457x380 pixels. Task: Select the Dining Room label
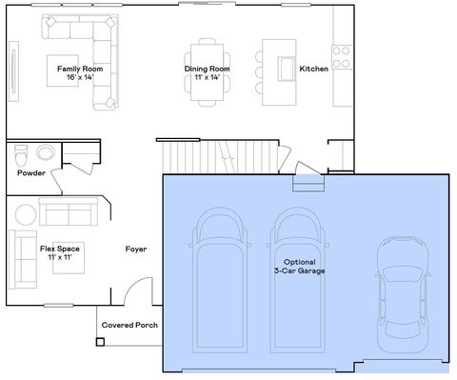(208, 69)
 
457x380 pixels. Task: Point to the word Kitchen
(314, 69)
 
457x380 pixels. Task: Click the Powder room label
(31, 173)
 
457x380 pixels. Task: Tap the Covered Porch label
(129, 325)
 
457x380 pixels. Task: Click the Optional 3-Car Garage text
(299, 266)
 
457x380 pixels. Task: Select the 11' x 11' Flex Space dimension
(59, 257)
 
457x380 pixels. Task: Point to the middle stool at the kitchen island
(259, 70)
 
